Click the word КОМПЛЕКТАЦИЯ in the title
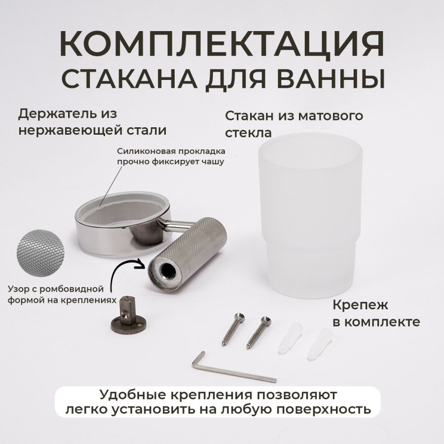(x=222, y=44)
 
